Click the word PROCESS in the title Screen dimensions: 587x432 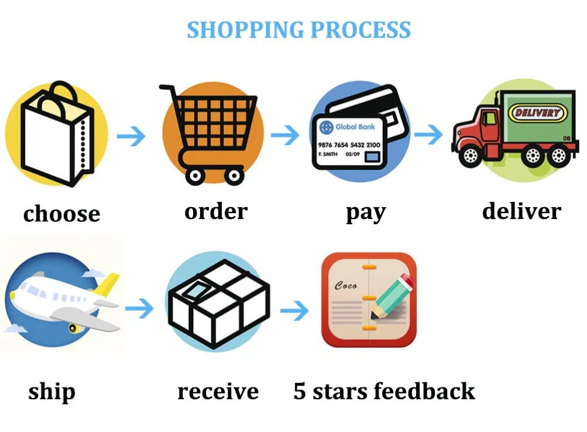click(x=361, y=31)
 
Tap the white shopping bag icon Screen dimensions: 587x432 click(x=57, y=135)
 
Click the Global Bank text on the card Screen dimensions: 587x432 click(x=355, y=127)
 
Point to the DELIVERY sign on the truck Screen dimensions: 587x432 click(x=537, y=113)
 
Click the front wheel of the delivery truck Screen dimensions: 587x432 click(x=470, y=156)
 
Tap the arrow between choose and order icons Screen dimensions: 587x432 click(x=131, y=136)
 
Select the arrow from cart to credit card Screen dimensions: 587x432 click(x=285, y=135)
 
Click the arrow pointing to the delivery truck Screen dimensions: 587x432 click(x=429, y=134)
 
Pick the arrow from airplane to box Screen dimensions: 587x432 click(x=139, y=309)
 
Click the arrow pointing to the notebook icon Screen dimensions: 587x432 click(x=295, y=310)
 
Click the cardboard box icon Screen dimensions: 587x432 click(x=219, y=303)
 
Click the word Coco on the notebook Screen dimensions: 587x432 click(x=346, y=286)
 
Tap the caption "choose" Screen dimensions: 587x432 click(x=62, y=214)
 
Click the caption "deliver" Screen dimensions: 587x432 click(x=521, y=211)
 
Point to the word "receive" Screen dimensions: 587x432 click(x=218, y=392)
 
